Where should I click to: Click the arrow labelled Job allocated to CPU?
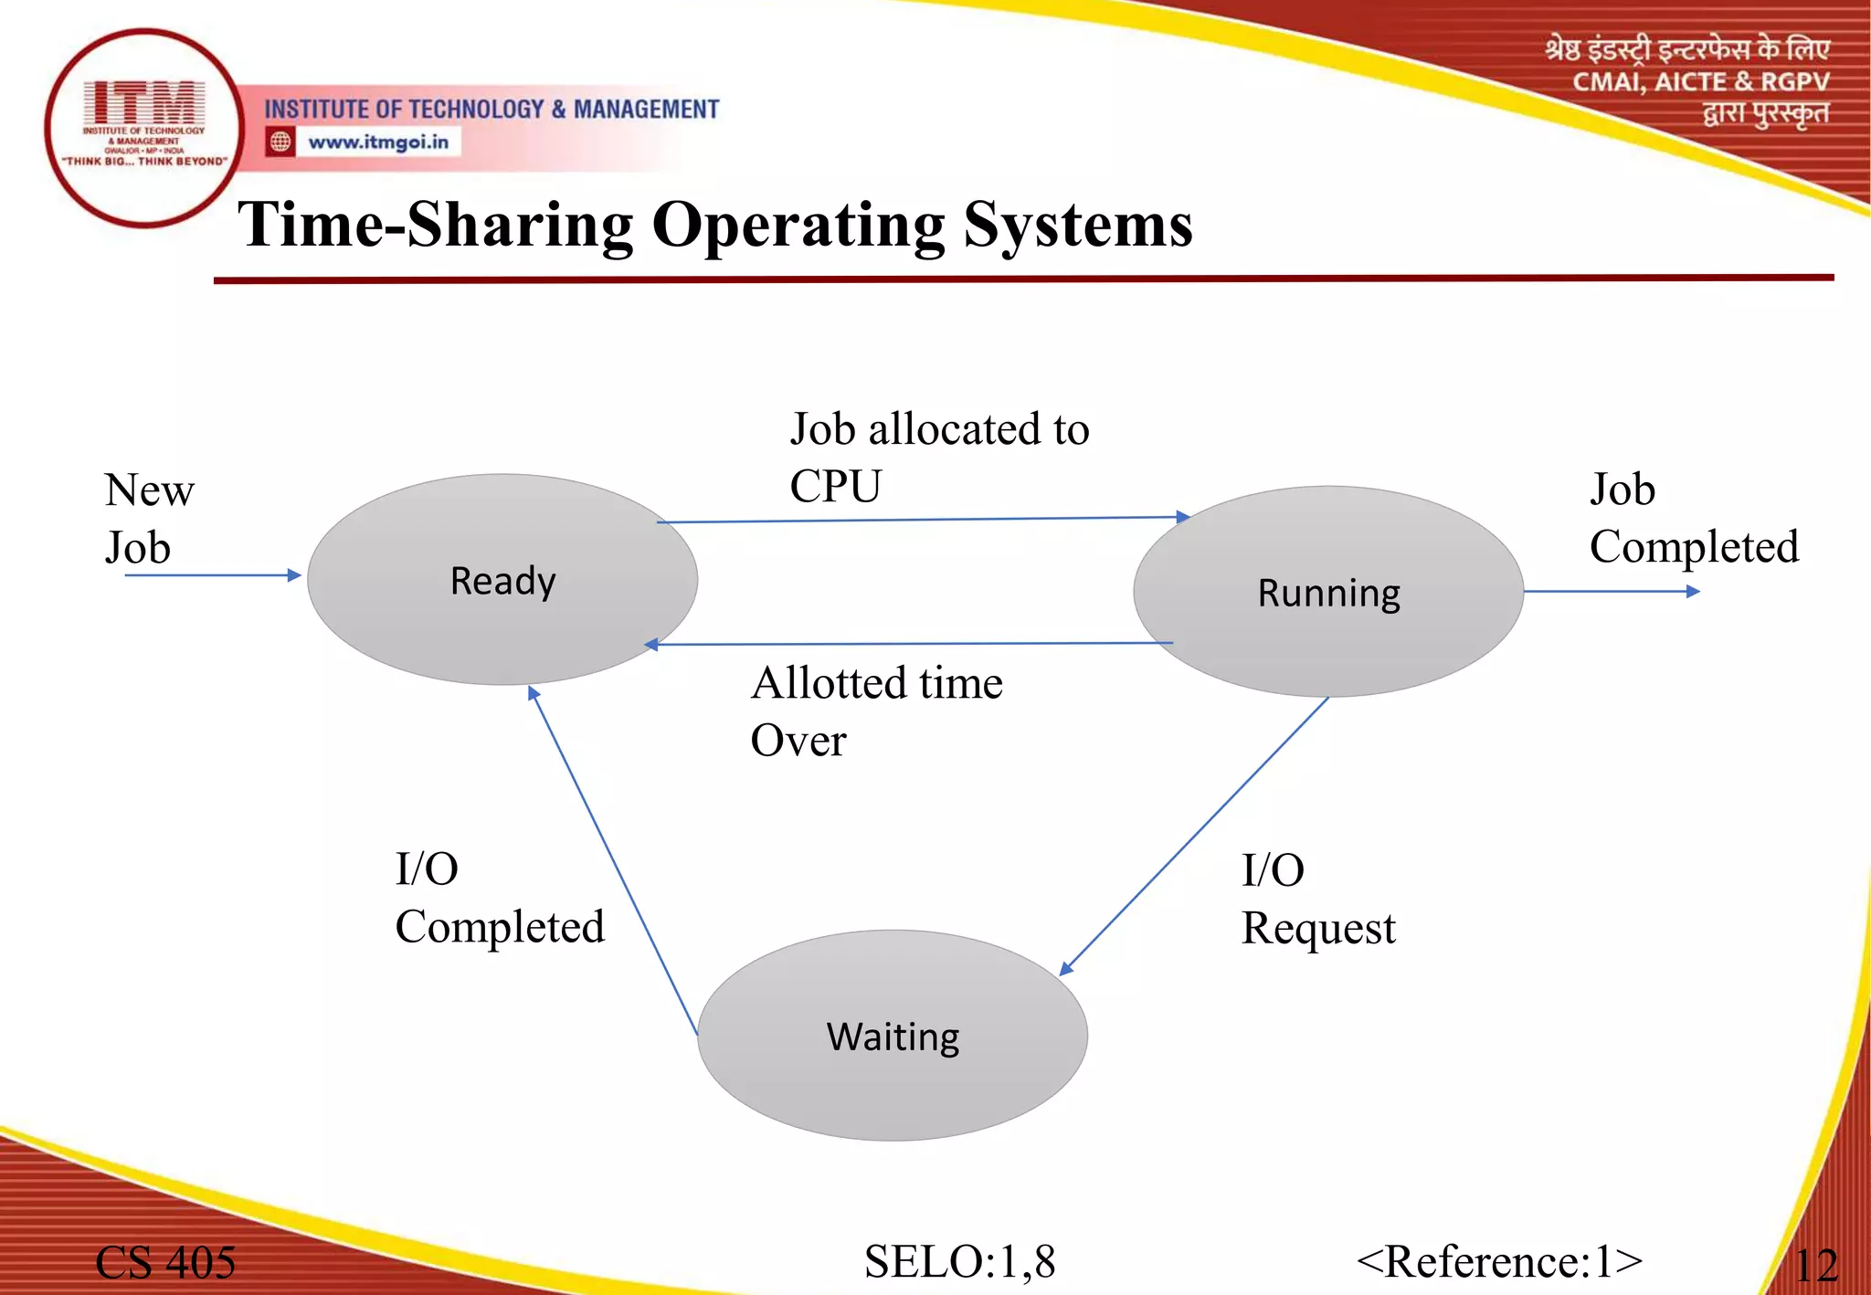(923, 520)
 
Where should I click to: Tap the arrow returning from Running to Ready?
(909, 644)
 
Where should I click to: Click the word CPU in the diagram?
(835, 486)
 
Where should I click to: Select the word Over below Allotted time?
(798, 741)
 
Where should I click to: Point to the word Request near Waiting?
(1317, 929)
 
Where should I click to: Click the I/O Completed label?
(499, 899)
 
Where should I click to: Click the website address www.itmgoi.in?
(377, 142)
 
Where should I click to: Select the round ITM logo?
(143, 127)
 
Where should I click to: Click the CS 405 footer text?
(165, 1263)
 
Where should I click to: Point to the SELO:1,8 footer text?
(959, 1261)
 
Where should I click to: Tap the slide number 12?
(1815, 1266)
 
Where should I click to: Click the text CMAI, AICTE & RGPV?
(1700, 82)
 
